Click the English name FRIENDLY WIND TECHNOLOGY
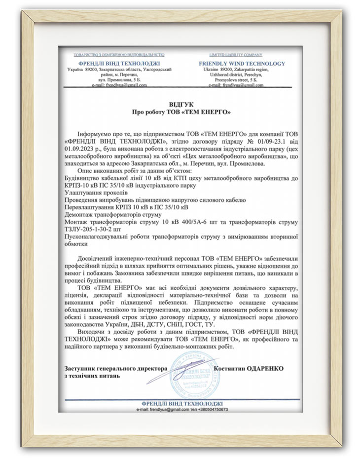coord(242,64)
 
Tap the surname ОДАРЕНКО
coord(265,368)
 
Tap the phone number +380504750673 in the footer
coord(207,410)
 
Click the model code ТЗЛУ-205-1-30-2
coord(92,229)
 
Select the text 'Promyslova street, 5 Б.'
coord(242,79)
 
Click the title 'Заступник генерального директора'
coord(115,368)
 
